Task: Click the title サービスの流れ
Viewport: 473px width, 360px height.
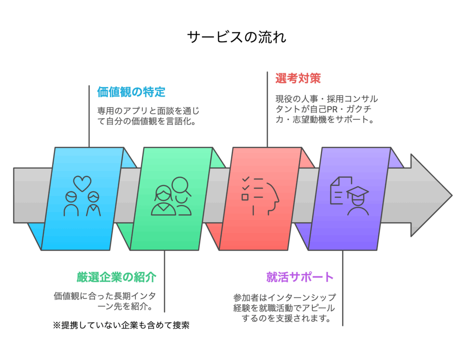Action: tap(236, 37)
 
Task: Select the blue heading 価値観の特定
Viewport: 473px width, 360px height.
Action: tap(131, 92)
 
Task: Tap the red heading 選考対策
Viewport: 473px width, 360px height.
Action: tap(298, 79)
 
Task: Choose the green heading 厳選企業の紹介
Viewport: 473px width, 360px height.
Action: tap(116, 277)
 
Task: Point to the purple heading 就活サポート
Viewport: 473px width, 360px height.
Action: tap(300, 277)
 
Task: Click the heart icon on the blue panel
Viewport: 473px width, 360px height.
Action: tap(82, 183)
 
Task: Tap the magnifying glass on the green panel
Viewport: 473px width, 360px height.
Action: tap(181, 187)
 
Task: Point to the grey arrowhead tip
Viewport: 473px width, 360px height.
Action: tap(452, 195)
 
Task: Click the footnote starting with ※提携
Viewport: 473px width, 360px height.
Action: tap(121, 325)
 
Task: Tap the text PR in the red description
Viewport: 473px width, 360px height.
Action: tap(333, 109)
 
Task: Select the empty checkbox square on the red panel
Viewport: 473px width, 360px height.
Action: tap(245, 197)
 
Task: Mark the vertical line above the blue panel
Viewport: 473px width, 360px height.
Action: tap(89, 116)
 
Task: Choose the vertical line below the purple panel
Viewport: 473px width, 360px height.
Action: tap(343, 288)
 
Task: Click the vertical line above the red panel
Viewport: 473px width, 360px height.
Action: tap(267, 110)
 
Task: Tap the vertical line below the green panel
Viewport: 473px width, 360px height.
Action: tap(164, 281)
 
